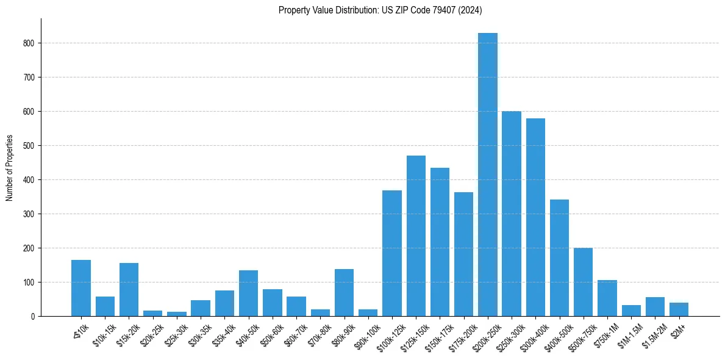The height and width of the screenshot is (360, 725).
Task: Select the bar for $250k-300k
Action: coord(512,214)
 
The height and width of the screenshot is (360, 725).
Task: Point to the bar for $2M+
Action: coord(679,309)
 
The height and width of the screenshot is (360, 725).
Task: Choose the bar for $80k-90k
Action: coord(344,292)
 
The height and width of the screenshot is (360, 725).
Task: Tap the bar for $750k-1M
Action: coord(607,298)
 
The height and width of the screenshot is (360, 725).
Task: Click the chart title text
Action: coord(380,10)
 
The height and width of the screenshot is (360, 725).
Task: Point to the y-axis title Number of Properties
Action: coord(10,168)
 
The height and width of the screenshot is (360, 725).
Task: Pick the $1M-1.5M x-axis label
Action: coord(627,334)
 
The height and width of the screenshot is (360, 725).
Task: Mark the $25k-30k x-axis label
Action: coord(174,334)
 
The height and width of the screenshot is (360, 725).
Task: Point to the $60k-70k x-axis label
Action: coord(294,334)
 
